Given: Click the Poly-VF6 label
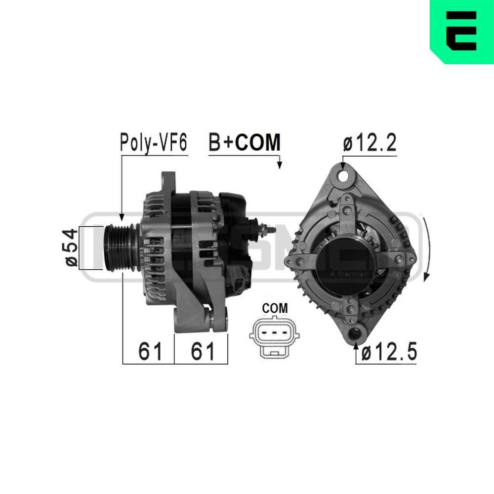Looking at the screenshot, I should click(154, 143).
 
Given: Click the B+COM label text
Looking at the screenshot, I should click(245, 143).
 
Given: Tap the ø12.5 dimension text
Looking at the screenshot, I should click(389, 353).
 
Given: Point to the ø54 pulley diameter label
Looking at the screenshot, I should click(71, 248).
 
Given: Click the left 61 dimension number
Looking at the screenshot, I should click(150, 352).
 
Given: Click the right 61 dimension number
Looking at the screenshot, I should click(203, 352).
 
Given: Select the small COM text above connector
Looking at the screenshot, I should click(275, 308).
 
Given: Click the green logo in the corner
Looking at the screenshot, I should click(462, 31).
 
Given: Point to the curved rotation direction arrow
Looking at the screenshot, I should click(427, 247).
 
